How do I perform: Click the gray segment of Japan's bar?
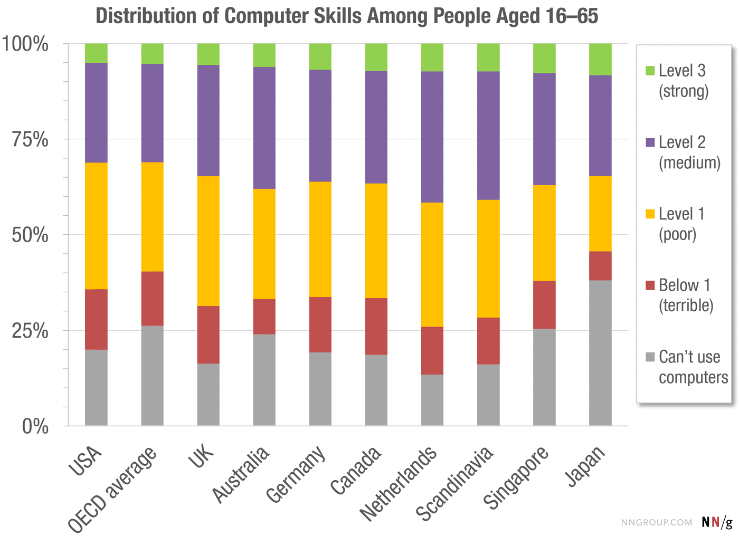point(600,352)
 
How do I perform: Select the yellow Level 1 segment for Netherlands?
point(432,264)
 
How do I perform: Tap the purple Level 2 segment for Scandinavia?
point(488,135)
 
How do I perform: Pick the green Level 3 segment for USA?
point(96,53)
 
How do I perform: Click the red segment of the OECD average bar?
point(152,298)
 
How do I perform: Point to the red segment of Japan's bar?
point(600,265)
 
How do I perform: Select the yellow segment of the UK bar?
point(208,241)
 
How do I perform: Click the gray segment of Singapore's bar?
point(544,377)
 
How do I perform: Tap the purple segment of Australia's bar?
point(264,128)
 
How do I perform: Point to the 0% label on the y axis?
point(35,426)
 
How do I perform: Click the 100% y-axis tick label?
point(25,44)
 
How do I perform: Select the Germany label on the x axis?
point(296,474)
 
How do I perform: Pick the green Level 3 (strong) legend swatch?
point(650,71)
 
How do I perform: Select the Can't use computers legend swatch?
point(650,357)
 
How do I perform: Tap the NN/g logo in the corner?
point(717,522)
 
